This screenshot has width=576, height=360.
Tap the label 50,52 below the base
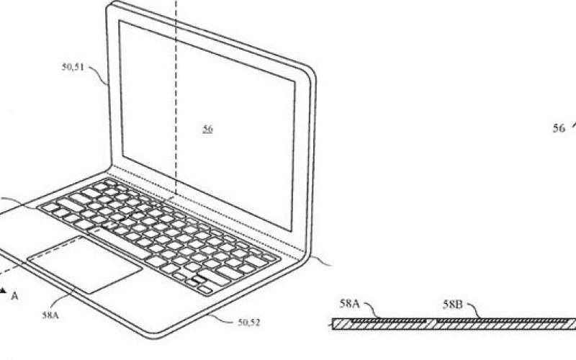[249, 324]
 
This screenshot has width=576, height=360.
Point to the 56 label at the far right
[559, 128]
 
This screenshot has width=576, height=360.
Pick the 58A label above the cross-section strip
[350, 305]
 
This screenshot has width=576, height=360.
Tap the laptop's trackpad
[85, 264]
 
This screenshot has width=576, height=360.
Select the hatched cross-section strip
[454, 325]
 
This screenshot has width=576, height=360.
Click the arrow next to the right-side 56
[573, 124]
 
